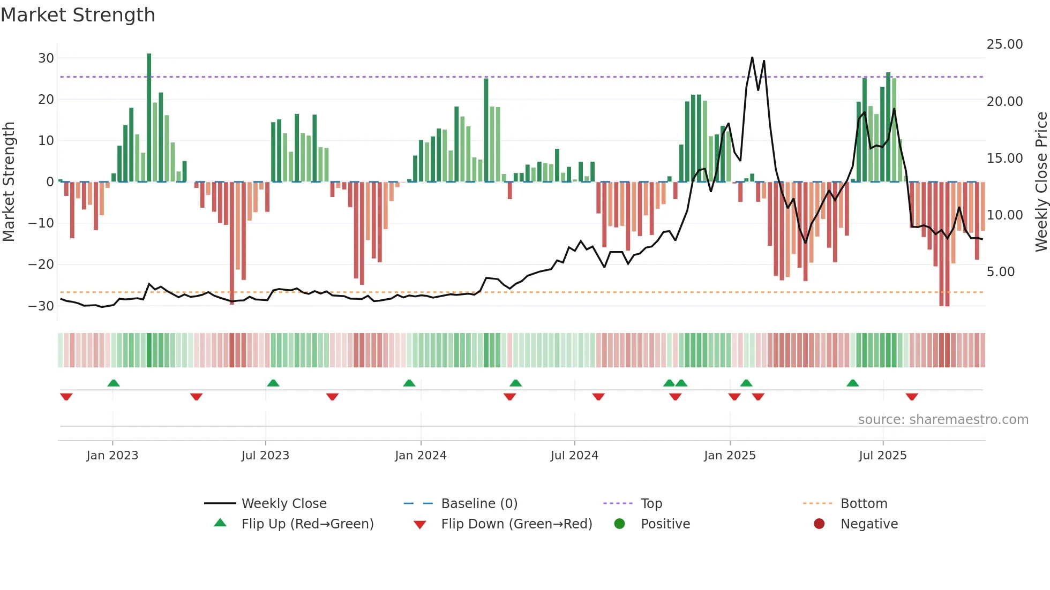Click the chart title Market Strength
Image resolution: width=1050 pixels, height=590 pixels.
(78, 15)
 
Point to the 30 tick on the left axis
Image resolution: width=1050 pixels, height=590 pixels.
(46, 58)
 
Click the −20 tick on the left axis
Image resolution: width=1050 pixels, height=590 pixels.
(41, 264)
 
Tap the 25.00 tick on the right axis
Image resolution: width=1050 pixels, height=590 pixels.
(1004, 44)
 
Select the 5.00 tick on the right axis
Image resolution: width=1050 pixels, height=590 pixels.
(1001, 272)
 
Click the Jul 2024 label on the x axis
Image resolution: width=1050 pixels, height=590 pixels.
(574, 456)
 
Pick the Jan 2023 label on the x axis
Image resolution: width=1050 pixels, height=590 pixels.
(112, 456)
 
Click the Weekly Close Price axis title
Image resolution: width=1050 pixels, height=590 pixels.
(1041, 182)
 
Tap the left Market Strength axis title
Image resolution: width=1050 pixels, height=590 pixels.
(9, 182)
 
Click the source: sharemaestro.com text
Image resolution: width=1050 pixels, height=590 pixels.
(943, 420)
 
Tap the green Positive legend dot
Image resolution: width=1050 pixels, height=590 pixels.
(620, 524)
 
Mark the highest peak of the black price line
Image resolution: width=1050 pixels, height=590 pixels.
(752, 57)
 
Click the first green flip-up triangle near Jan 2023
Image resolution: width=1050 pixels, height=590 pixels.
(114, 383)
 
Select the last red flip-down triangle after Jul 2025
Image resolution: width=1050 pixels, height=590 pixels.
(912, 397)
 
